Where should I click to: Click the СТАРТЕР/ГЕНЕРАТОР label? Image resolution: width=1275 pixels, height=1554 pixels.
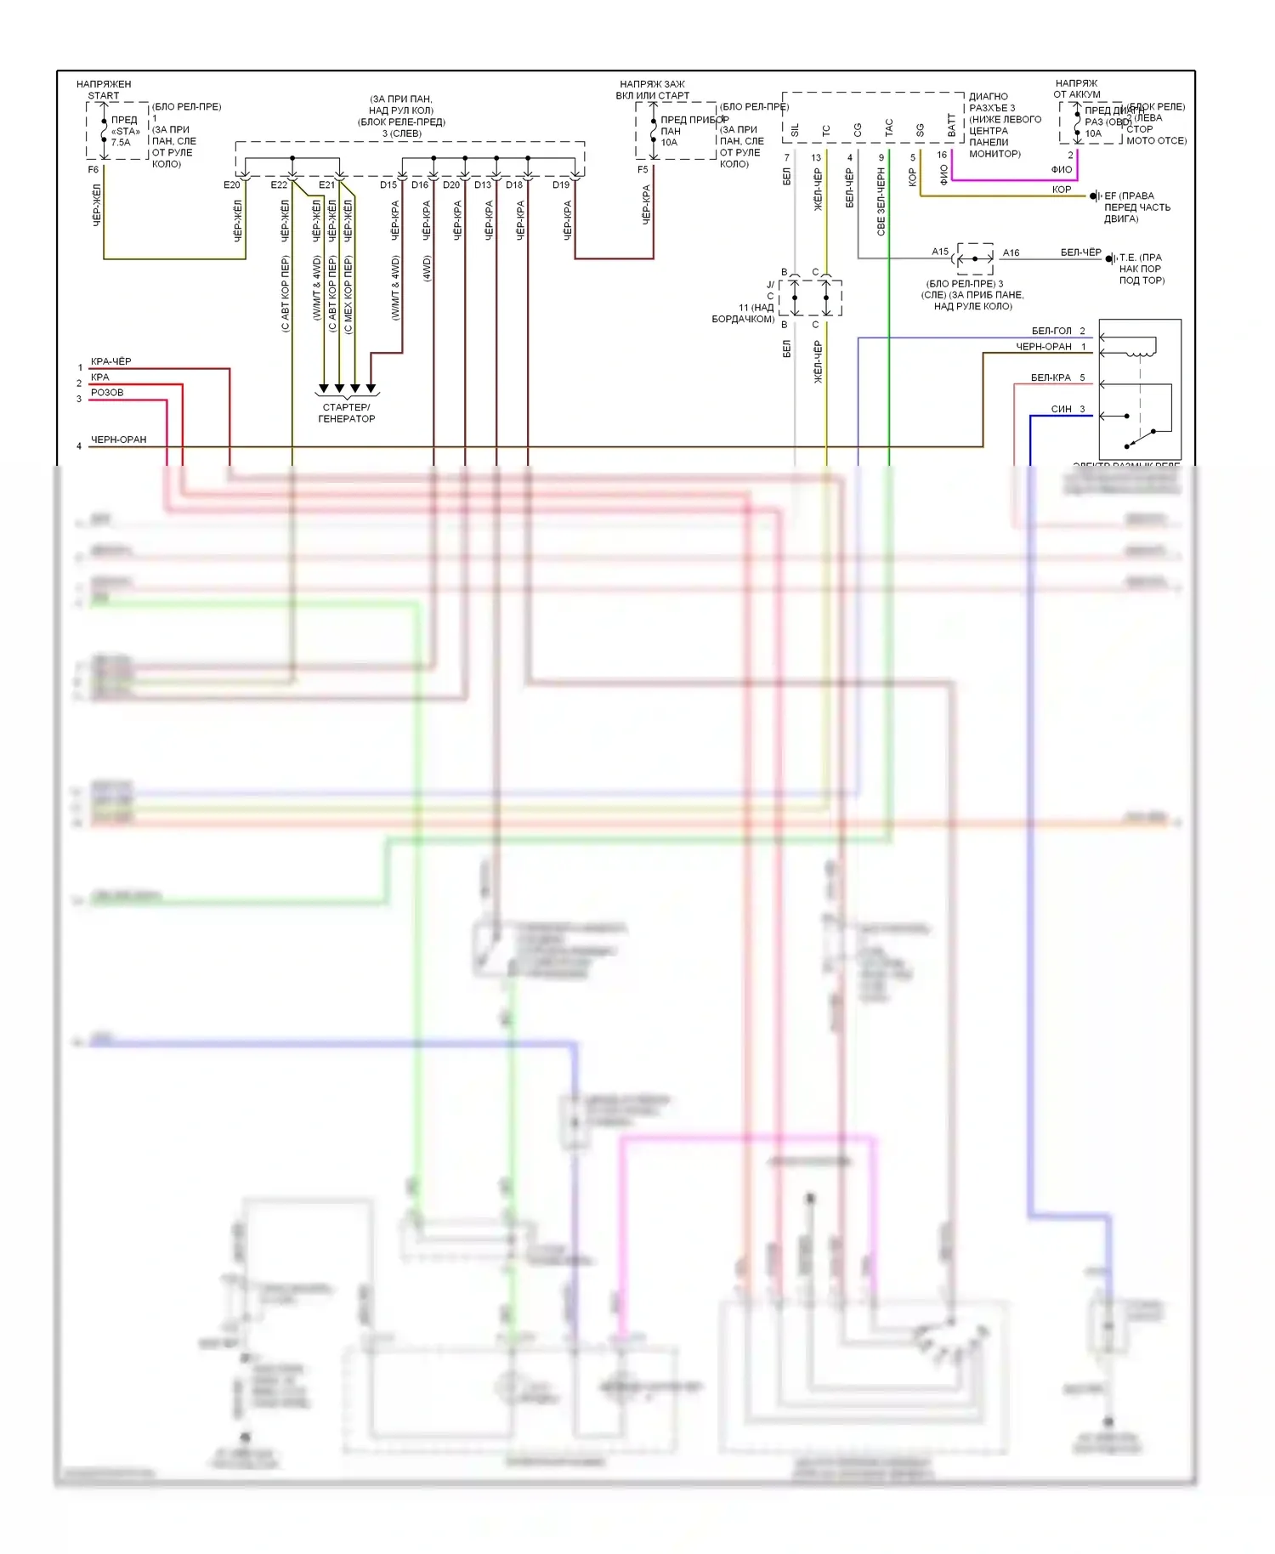(346, 412)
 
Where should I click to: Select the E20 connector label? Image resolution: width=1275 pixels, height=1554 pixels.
(231, 184)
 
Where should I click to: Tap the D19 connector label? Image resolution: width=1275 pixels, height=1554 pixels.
(560, 184)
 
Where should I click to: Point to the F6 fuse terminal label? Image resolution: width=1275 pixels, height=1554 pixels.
(93, 170)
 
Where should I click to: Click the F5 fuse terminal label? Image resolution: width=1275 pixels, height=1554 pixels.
(643, 170)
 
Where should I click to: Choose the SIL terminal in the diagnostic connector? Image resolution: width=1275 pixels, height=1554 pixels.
(796, 130)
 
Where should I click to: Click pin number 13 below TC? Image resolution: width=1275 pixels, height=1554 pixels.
(816, 157)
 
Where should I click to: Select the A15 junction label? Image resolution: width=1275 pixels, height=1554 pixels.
(939, 252)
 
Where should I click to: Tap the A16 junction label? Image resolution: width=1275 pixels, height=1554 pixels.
(1011, 252)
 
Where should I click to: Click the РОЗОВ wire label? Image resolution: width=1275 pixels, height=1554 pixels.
(107, 393)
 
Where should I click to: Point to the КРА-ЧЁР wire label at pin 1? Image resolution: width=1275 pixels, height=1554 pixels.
(110, 361)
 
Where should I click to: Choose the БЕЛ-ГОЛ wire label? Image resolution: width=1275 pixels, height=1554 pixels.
(1051, 331)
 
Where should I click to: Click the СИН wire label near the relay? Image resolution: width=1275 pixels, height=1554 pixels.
(1061, 409)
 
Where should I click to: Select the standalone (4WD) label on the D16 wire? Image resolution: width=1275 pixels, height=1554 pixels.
(427, 268)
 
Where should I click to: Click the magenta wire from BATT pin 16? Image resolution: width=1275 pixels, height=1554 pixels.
(1011, 179)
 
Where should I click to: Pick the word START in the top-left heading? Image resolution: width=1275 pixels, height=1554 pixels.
(104, 95)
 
